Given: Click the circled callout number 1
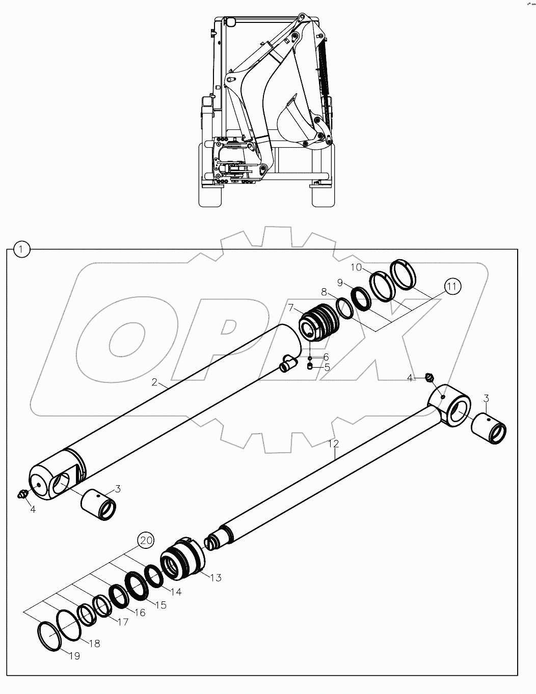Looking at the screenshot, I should [x=21, y=249].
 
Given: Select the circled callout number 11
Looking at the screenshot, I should [x=451, y=286].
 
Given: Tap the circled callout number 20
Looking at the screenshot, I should [x=146, y=540].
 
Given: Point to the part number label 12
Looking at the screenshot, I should [x=333, y=444].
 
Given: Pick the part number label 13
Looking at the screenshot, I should [x=216, y=577].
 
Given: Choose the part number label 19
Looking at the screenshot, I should [x=74, y=656].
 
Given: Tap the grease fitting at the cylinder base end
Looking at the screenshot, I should [x=22, y=493].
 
